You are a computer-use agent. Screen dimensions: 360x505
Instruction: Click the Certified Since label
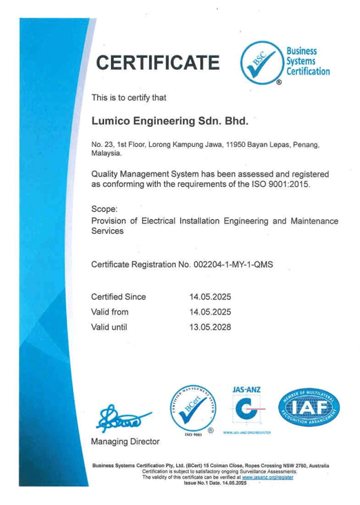[119, 297]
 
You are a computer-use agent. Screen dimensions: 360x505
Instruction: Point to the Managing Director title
[126, 440]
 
